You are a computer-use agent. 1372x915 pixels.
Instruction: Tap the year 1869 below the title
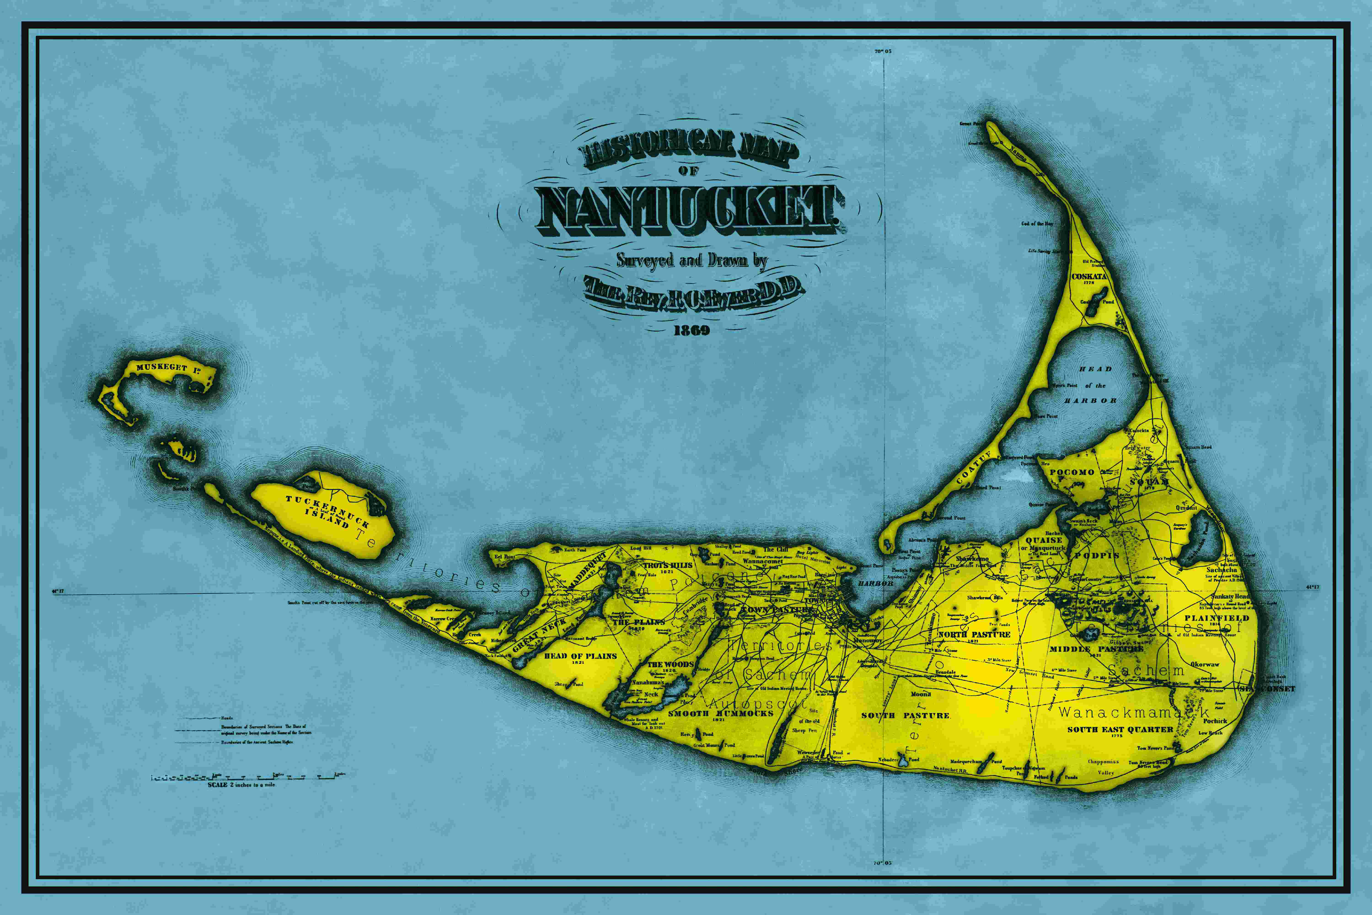click(692, 330)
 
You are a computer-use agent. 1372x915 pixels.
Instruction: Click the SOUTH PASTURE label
click(905, 716)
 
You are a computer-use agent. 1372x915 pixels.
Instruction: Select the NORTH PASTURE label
click(974, 634)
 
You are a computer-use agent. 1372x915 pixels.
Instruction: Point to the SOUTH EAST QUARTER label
click(1120, 729)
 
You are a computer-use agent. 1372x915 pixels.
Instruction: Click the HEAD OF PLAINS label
click(580, 656)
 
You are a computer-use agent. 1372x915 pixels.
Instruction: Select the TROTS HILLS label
click(668, 565)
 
